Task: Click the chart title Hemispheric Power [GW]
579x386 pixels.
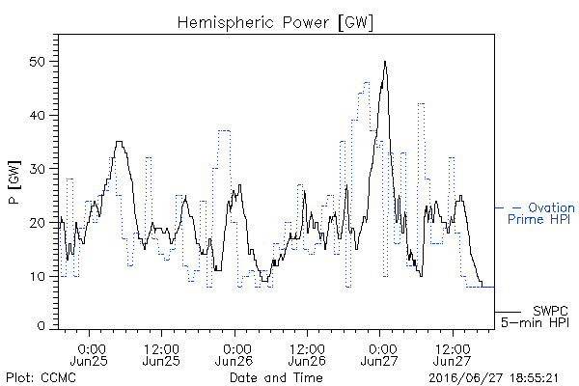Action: point(275,23)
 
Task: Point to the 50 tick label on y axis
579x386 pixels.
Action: point(38,62)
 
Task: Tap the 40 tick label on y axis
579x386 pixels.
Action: point(38,115)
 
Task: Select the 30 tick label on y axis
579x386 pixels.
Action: point(38,169)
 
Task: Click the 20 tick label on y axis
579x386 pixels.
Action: point(38,223)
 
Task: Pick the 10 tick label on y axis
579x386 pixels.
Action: point(38,276)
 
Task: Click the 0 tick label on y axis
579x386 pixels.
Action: point(41,326)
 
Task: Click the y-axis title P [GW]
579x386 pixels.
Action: point(14,182)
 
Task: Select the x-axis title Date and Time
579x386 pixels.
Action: point(276,377)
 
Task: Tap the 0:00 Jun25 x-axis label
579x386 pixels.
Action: point(89,354)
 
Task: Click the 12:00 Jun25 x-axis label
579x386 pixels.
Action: point(161,354)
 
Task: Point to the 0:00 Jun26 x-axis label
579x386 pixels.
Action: point(234,354)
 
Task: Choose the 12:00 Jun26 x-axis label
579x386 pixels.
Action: point(307,354)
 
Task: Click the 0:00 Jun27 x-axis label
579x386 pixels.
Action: point(379,354)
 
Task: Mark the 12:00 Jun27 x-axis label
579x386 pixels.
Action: point(453,354)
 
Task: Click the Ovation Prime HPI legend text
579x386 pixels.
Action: point(541,213)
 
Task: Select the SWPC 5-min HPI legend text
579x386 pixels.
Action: point(535,317)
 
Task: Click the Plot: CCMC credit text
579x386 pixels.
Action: point(41,377)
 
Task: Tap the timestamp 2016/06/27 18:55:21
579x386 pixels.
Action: point(493,378)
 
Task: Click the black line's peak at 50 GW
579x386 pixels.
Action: point(385,62)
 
